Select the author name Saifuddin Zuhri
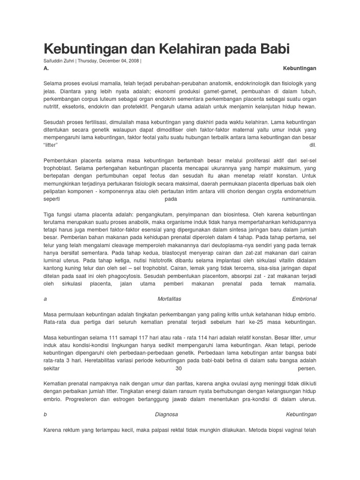click(x=59, y=60)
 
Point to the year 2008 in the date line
click(x=132, y=60)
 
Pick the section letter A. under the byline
click(x=46, y=68)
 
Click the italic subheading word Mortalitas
click(x=169, y=299)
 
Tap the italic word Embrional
click(x=304, y=299)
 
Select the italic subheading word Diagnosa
click(x=166, y=414)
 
